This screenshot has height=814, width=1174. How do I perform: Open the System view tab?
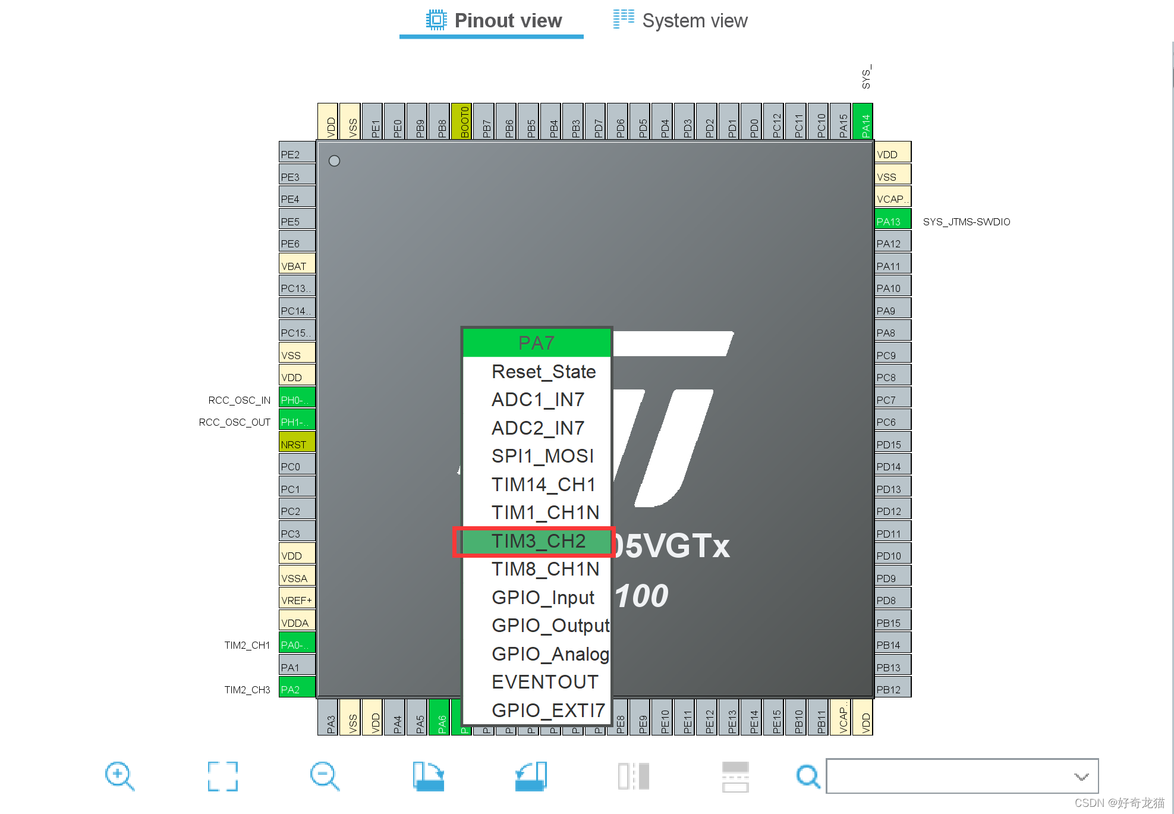681,21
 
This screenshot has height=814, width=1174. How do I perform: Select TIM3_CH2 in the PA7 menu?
538,541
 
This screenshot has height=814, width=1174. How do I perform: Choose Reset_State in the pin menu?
543,372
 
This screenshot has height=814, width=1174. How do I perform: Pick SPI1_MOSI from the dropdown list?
542,456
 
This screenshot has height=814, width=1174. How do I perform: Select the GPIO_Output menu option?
550,626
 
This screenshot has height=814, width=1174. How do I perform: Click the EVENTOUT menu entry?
544,682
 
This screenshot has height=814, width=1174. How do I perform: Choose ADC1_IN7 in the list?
537,400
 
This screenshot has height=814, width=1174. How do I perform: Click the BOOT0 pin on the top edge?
462,122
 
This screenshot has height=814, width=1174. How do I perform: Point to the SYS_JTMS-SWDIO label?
966,222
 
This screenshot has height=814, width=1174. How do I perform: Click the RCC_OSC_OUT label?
235,422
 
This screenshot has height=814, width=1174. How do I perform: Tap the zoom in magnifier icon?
119,776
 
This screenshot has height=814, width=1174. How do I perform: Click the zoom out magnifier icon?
325,776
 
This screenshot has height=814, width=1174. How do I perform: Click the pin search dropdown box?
961,776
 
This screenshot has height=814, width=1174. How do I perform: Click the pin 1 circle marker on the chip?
334,161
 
